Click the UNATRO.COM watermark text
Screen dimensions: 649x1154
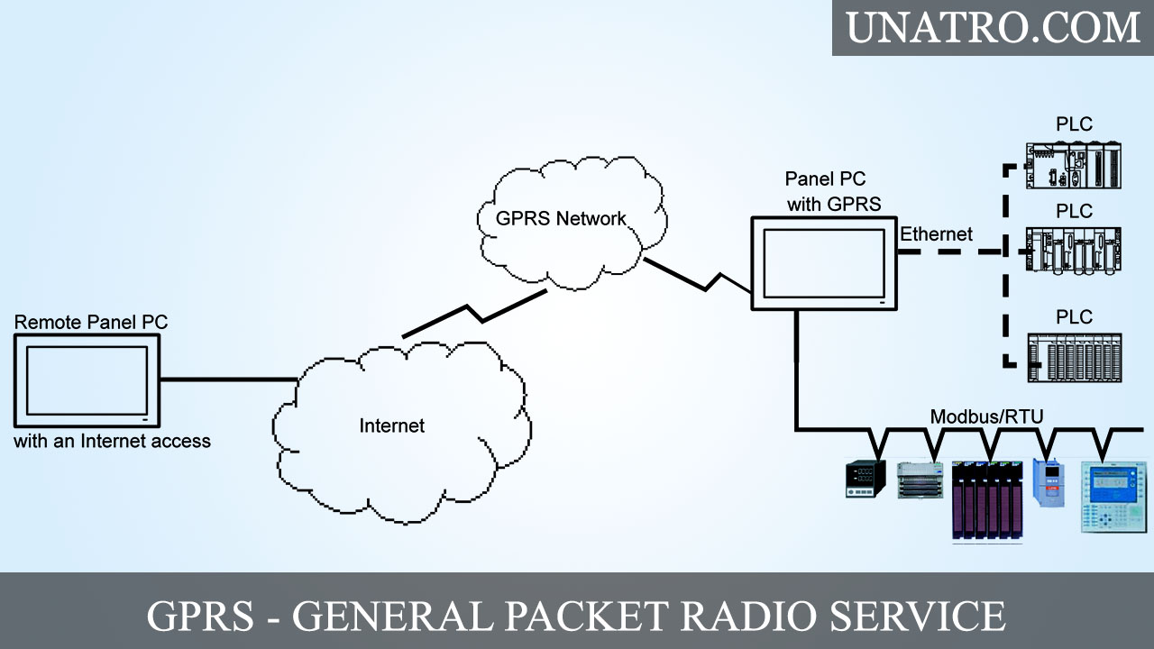pos(993,27)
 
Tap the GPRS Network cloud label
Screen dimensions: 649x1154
pos(561,218)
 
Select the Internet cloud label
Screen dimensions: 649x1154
pos(391,425)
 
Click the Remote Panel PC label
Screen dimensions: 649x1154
pos(91,322)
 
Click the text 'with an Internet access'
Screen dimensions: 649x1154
pos(112,442)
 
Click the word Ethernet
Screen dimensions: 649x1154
pos(937,234)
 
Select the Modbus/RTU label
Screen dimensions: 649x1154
pos(986,416)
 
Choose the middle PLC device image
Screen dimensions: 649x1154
pos(1074,250)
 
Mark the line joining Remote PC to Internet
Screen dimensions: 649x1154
pos(229,379)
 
